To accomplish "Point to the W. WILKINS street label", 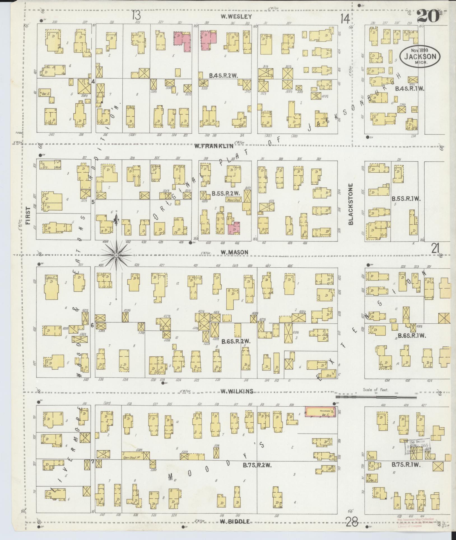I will point(237,391).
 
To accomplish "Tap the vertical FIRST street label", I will point(28,216).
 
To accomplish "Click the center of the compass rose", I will point(116,255).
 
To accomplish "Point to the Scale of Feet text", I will point(375,390).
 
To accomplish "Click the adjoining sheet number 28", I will point(352,522).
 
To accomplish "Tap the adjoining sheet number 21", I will point(435,248).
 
